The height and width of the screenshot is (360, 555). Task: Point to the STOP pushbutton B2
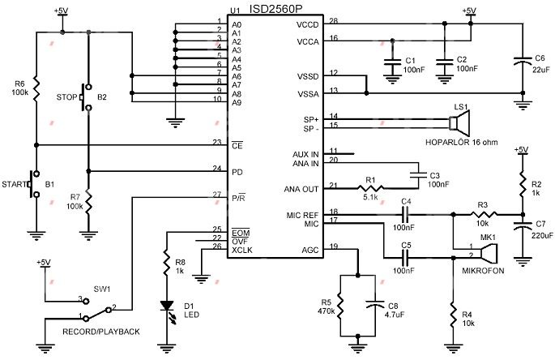click(x=87, y=98)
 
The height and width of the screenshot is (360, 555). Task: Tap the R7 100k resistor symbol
click(x=88, y=200)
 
